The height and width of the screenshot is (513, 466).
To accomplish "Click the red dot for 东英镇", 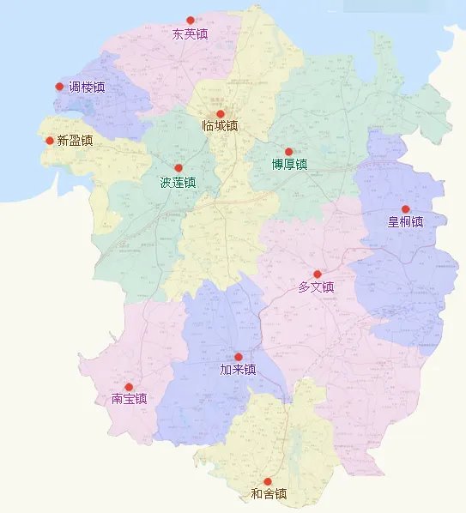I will [x=191, y=21].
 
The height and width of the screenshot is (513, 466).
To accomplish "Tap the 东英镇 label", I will [x=191, y=35].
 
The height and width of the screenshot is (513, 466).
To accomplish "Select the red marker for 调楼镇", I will [x=59, y=87].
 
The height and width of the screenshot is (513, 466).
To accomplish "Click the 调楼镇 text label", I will [x=88, y=88].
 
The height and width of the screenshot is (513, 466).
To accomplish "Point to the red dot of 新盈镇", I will [x=50, y=141].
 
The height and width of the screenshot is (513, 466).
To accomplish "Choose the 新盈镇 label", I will [x=75, y=141].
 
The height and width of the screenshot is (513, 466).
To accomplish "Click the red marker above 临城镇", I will [x=220, y=114].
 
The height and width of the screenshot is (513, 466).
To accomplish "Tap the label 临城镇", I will [x=220, y=127].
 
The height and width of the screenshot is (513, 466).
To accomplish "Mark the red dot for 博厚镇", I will [x=289, y=152].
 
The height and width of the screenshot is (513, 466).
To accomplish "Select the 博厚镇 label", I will [x=289, y=165].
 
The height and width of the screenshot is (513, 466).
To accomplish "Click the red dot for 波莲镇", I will [x=179, y=168].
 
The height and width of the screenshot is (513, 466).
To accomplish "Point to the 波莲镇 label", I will [x=179, y=183].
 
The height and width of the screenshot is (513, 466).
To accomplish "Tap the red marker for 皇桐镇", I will [x=405, y=208].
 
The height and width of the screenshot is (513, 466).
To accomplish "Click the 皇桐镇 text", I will [x=405, y=222].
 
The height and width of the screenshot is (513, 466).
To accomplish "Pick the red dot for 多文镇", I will [x=317, y=275].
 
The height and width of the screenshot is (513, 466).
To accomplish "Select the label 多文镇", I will [x=316, y=288].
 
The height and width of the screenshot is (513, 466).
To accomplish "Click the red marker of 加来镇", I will [x=239, y=357].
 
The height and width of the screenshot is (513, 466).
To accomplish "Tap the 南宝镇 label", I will [x=129, y=399].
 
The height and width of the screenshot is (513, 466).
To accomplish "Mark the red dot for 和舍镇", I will [x=268, y=481].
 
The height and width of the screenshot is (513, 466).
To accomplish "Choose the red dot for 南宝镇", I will [x=129, y=387].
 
